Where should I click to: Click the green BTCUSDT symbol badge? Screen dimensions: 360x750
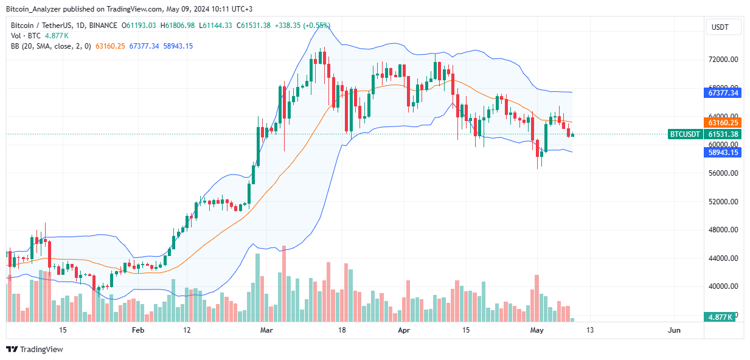point(685,134)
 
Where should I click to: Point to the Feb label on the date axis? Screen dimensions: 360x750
point(138,330)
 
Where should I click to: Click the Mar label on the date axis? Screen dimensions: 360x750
point(266,330)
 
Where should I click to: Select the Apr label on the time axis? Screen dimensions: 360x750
point(403,330)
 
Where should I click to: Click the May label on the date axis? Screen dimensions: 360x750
point(536,330)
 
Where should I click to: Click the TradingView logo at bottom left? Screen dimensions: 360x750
point(35,349)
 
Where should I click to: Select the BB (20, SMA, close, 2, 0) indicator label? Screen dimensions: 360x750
point(49,46)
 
